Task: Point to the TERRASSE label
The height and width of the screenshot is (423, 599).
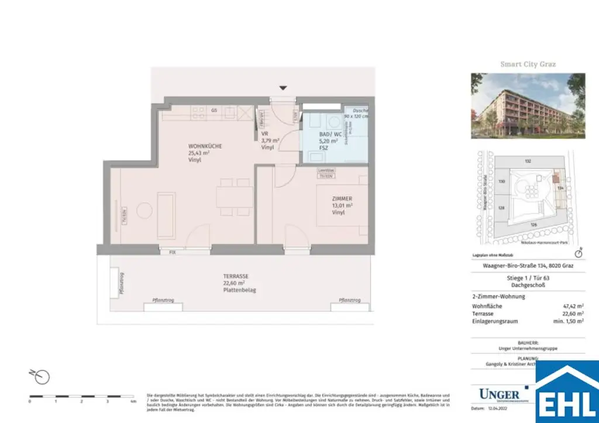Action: coord(235,276)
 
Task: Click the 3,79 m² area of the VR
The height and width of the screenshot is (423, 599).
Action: coord(270,140)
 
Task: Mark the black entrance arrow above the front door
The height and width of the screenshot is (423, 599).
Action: coord(283,88)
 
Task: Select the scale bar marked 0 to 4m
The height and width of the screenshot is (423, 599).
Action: coord(82,397)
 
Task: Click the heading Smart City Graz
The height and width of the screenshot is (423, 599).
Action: coord(528,64)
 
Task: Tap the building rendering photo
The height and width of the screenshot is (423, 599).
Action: coord(528,105)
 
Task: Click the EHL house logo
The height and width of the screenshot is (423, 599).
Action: coord(567,392)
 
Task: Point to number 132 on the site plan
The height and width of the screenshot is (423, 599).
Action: coord(527,160)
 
